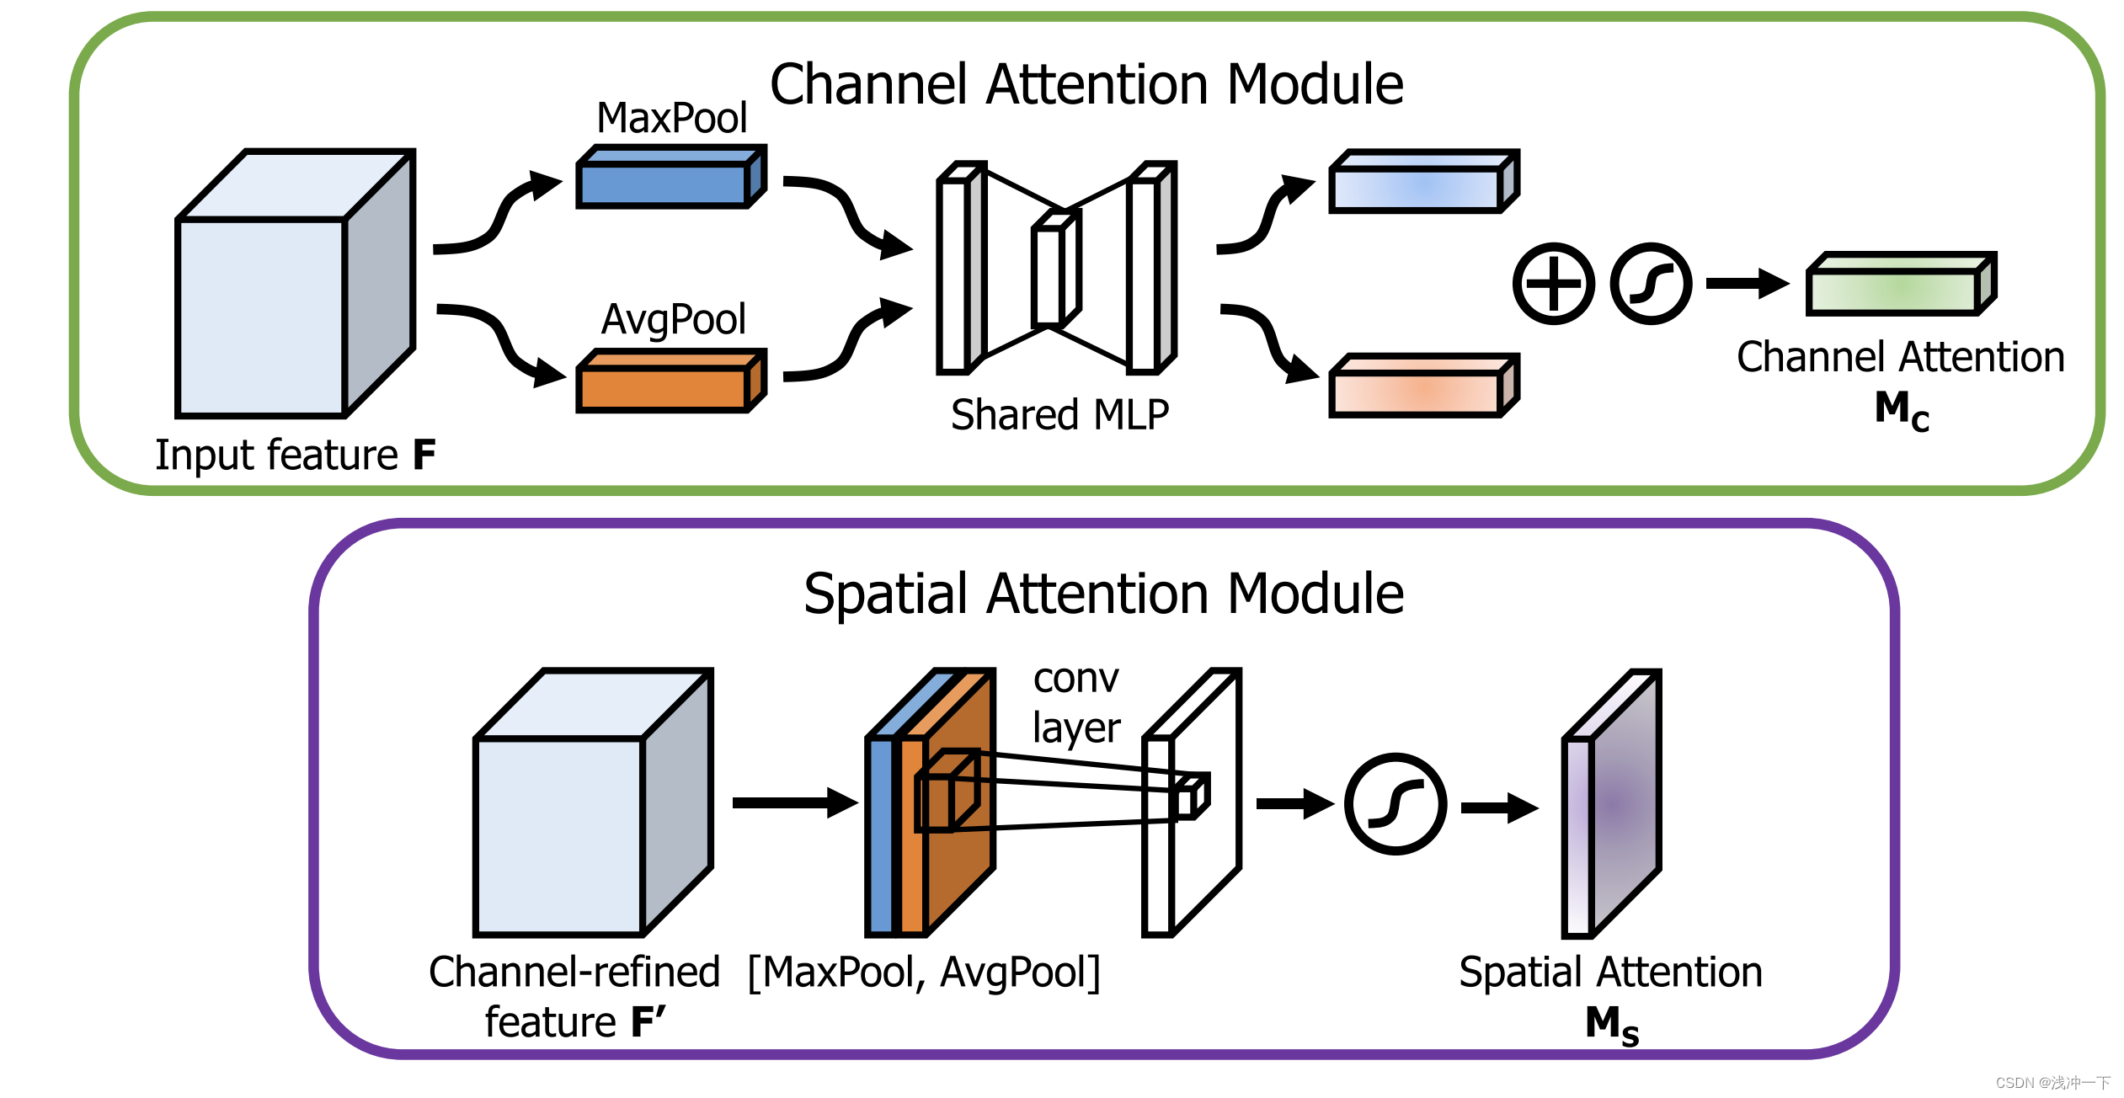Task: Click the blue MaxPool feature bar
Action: click(671, 177)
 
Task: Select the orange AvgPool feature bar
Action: click(671, 381)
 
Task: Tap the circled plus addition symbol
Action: click(1553, 284)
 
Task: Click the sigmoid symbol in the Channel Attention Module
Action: click(1651, 284)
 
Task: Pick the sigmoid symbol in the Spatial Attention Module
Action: click(1396, 804)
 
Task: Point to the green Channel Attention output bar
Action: click(1901, 284)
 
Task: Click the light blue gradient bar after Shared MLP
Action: click(1424, 182)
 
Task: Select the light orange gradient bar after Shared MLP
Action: click(1424, 386)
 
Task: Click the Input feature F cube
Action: click(296, 284)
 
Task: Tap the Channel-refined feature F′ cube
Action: click(594, 803)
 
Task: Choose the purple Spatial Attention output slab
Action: click(1612, 803)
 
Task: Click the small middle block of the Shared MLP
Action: click(1057, 268)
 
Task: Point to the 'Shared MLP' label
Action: click(1059, 415)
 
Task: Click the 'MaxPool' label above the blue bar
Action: click(672, 118)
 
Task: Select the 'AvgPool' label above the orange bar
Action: click(674, 319)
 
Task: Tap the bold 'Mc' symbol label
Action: click(1902, 411)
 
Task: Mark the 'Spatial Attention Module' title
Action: click(1103, 594)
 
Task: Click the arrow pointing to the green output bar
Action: click(1748, 284)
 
